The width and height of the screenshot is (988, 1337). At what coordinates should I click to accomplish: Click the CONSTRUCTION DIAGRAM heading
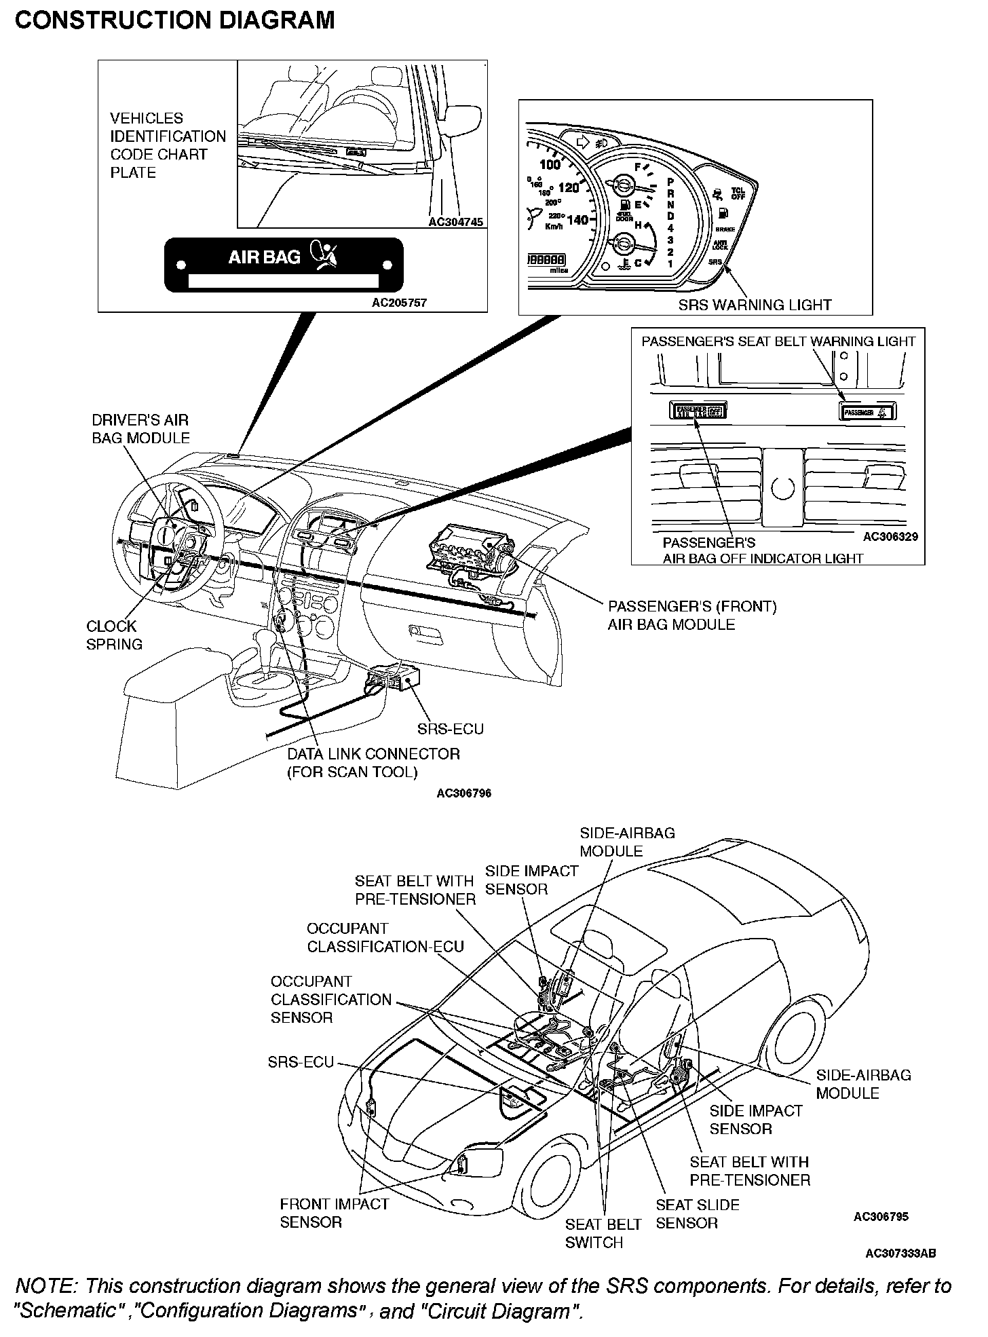(174, 20)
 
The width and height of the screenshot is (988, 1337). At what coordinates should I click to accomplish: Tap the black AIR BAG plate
(284, 265)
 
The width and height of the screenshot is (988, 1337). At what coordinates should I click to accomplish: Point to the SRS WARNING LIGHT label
(755, 305)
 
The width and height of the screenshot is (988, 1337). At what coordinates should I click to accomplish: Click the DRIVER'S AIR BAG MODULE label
(140, 429)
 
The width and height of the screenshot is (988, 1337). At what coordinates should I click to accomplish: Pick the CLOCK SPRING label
(114, 635)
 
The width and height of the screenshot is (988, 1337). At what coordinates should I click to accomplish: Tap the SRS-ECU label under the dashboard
(450, 729)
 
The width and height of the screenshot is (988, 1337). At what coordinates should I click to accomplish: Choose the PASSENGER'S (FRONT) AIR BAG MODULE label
(691, 615)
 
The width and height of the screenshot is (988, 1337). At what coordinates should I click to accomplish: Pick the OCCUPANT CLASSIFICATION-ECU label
(385, 937)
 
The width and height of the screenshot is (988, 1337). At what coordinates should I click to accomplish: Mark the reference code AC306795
(880, 1217)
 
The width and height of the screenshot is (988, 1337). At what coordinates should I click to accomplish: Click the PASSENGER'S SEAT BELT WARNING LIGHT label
(778, 341)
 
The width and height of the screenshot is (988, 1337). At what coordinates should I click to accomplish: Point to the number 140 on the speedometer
(577, 220)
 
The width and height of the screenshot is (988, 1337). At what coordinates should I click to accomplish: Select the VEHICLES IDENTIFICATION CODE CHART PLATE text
(167, 145)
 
